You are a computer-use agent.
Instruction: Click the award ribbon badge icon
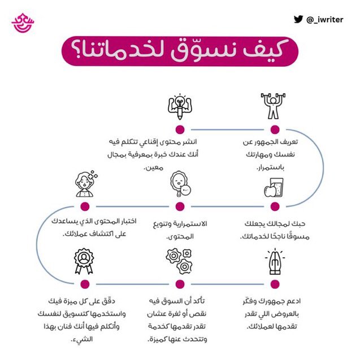[x=85, y=261]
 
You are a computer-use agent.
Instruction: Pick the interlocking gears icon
[x=180, y=261]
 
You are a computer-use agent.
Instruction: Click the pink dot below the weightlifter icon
[x=275, y=129]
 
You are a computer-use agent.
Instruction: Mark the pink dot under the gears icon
[x=180, y=284]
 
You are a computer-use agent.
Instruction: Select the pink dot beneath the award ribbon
[x=85, y=284]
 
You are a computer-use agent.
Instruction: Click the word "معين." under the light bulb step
[x=153, y=167]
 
